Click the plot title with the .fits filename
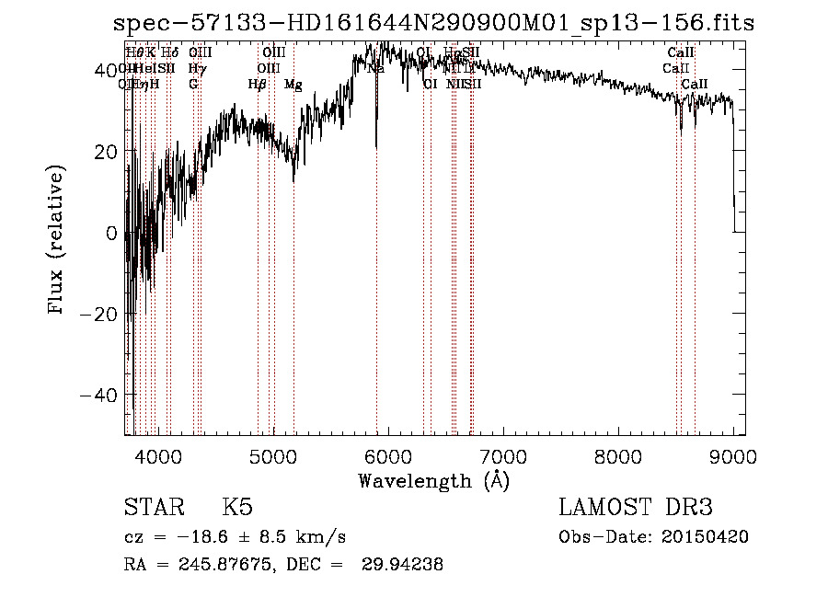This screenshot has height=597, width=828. pyautogui.click(x=432, y=24)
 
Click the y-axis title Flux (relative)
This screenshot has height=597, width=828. pyautogui.click(x=57, y=241)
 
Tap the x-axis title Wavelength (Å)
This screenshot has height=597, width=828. pyautogui.click(x=433, y=480)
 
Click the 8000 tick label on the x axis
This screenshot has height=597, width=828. pyautogui.click(x=618, y=454)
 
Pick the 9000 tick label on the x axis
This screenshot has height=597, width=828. pyautogui.click(x=733, y=454)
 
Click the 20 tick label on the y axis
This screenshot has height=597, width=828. pyautogui.click(x=108, y=152)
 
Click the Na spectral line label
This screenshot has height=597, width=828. pyautogui.click(x=375, y=68)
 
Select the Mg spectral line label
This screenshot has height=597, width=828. pyautogui.click(x=293, y=85)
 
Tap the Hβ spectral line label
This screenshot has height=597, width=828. pyautogui.click(x=258, y=85)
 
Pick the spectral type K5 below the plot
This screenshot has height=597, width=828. pyautogui.click(x=237, y=508)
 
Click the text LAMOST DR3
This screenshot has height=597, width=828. pyautogui.click(x=636, y=508)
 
